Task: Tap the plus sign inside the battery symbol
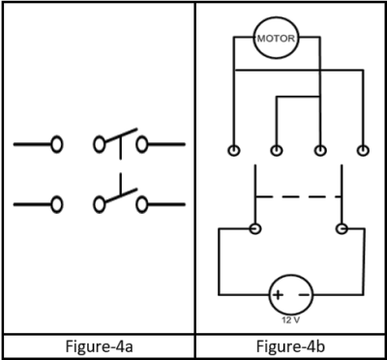[277, 293]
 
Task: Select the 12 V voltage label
[290, 318]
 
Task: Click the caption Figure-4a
[97, 346]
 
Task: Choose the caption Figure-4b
[290, 346]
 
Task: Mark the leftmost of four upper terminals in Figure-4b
[233, 151]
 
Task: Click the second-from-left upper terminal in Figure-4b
[277, 151]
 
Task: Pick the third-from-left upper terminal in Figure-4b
[319, 151]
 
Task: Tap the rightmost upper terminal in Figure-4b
[363, 151]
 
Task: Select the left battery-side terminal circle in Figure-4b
[254, 229]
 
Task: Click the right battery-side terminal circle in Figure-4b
[341, 229]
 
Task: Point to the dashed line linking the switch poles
[297, 198]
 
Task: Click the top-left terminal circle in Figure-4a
[57, 146]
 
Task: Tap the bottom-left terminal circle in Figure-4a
[57, 204]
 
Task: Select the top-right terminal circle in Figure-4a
[142, 146]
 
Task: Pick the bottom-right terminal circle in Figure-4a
[142, 204]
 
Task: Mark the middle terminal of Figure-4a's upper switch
[100, 146]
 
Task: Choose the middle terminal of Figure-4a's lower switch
[100, 204]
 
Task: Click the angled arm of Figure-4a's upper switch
[119, 138]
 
